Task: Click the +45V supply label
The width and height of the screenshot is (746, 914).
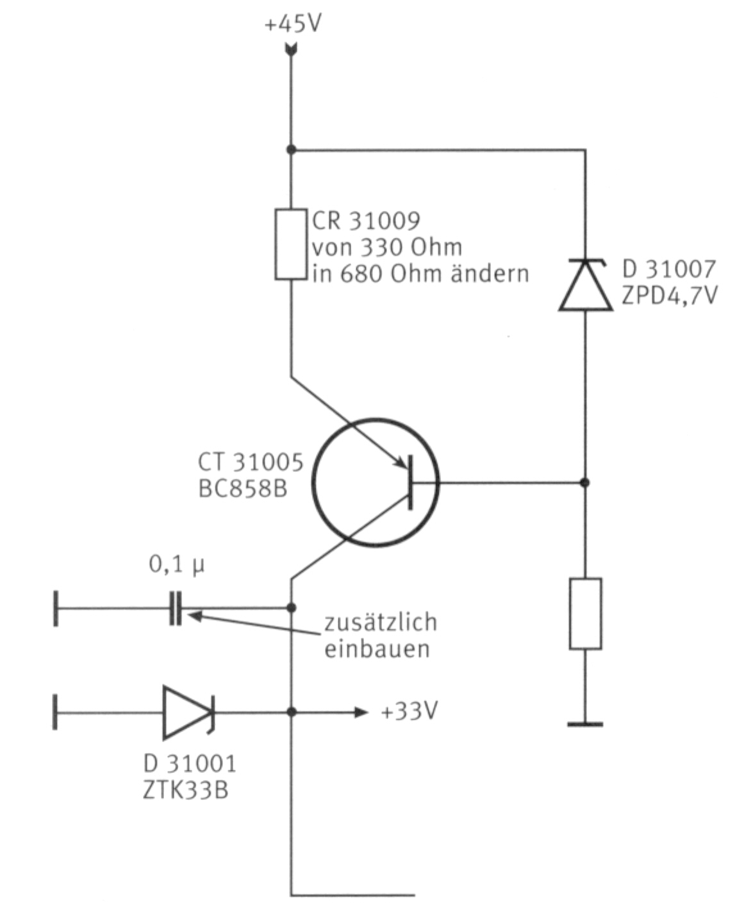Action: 293,26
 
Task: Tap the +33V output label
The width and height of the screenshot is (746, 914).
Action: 409,711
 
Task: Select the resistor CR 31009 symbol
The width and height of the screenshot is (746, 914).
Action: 290,244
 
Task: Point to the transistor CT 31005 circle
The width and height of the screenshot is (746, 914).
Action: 375,482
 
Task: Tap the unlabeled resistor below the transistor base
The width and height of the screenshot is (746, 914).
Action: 585,614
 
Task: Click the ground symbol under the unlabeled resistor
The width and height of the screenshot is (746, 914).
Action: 585,724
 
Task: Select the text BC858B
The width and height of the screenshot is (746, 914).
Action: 242,489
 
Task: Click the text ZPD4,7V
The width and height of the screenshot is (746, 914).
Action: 669,296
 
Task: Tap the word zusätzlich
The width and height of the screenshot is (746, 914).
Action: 380,622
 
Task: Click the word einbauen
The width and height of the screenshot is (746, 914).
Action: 376,649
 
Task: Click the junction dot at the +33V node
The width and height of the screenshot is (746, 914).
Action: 291,712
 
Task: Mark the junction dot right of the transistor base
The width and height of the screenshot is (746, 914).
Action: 584,482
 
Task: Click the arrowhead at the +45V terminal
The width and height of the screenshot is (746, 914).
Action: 291,49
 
